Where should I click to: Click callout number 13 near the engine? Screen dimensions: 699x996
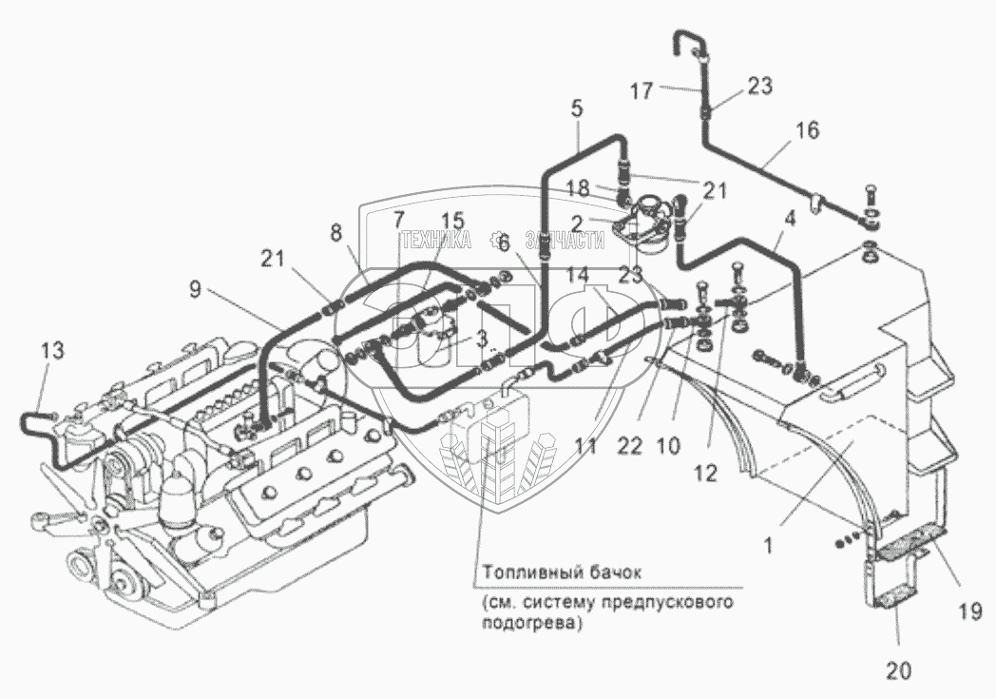coord(53,351)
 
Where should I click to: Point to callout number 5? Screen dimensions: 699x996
coord(576,108)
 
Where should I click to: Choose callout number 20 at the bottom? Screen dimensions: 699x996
coord(898,670)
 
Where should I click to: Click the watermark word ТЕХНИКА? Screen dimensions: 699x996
coord(436,241)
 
